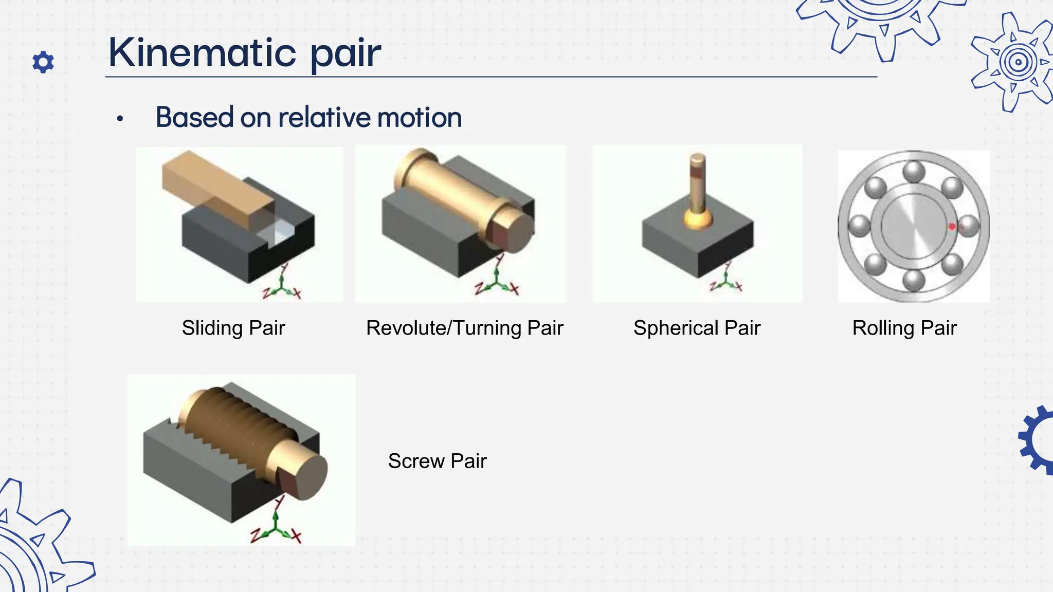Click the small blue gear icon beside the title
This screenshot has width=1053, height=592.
[x=43, y=62]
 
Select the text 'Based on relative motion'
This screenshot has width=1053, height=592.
[x=308, y=117]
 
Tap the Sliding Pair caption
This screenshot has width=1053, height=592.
[x=233, y=328]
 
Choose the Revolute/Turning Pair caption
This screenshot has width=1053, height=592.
[x=464, y=328]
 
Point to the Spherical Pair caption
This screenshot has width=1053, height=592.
[x=697, y=328]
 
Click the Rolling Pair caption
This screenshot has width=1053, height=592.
[x=904, y=328]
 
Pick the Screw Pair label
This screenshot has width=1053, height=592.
[x=437, y=461]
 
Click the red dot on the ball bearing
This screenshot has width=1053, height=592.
[x=952, y=227]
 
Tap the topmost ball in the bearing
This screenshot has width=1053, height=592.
[x=914, y=171]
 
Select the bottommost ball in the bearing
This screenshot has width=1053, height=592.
[x=914, y=280]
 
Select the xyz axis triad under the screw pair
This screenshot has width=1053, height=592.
[x=276, y=529]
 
